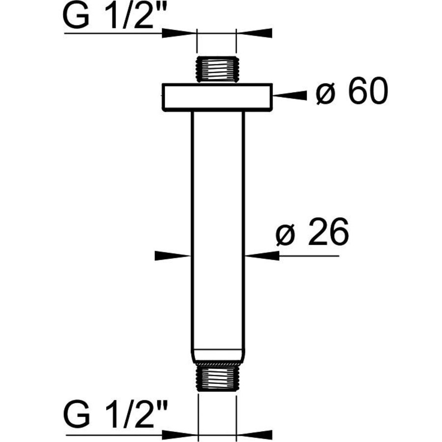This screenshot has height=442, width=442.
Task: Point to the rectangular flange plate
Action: click(217, 97)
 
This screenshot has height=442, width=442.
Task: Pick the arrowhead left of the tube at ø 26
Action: click(172, 255)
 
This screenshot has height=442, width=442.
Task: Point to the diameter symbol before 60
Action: click(326, 94)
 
